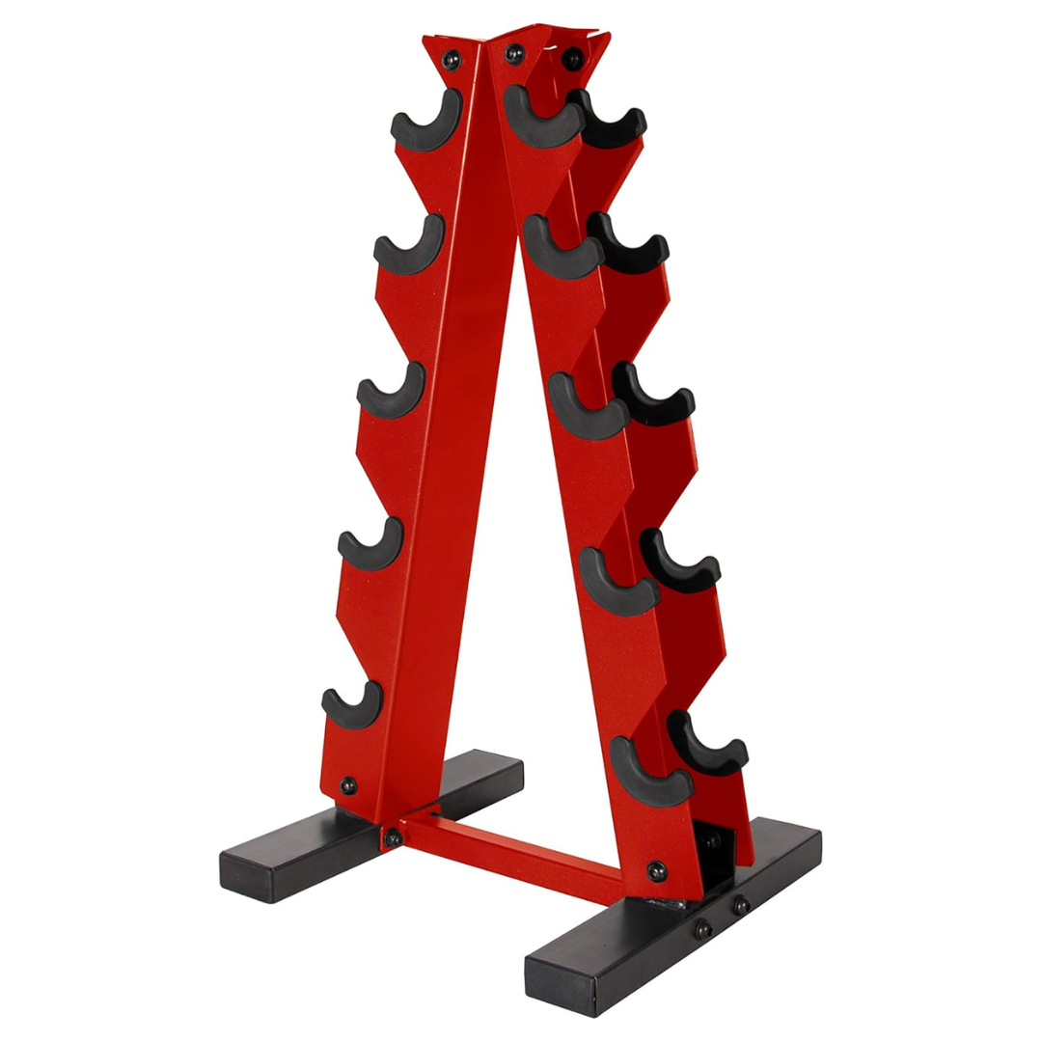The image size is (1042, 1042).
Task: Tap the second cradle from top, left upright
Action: (x=409, y=250)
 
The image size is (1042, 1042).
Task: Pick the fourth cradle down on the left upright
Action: (x=370, y=546)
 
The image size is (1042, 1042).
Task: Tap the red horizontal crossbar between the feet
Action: (x=511, y=849)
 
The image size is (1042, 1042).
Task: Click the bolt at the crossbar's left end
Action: (x=393, y=837)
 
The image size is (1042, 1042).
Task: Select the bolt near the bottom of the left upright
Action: (x=347, y=785)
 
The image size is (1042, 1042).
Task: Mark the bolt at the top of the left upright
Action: (x=451, y=60)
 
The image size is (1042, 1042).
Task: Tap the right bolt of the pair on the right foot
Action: (x=740, y=906)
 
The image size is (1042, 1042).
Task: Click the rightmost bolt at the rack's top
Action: (x=573, y=57)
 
